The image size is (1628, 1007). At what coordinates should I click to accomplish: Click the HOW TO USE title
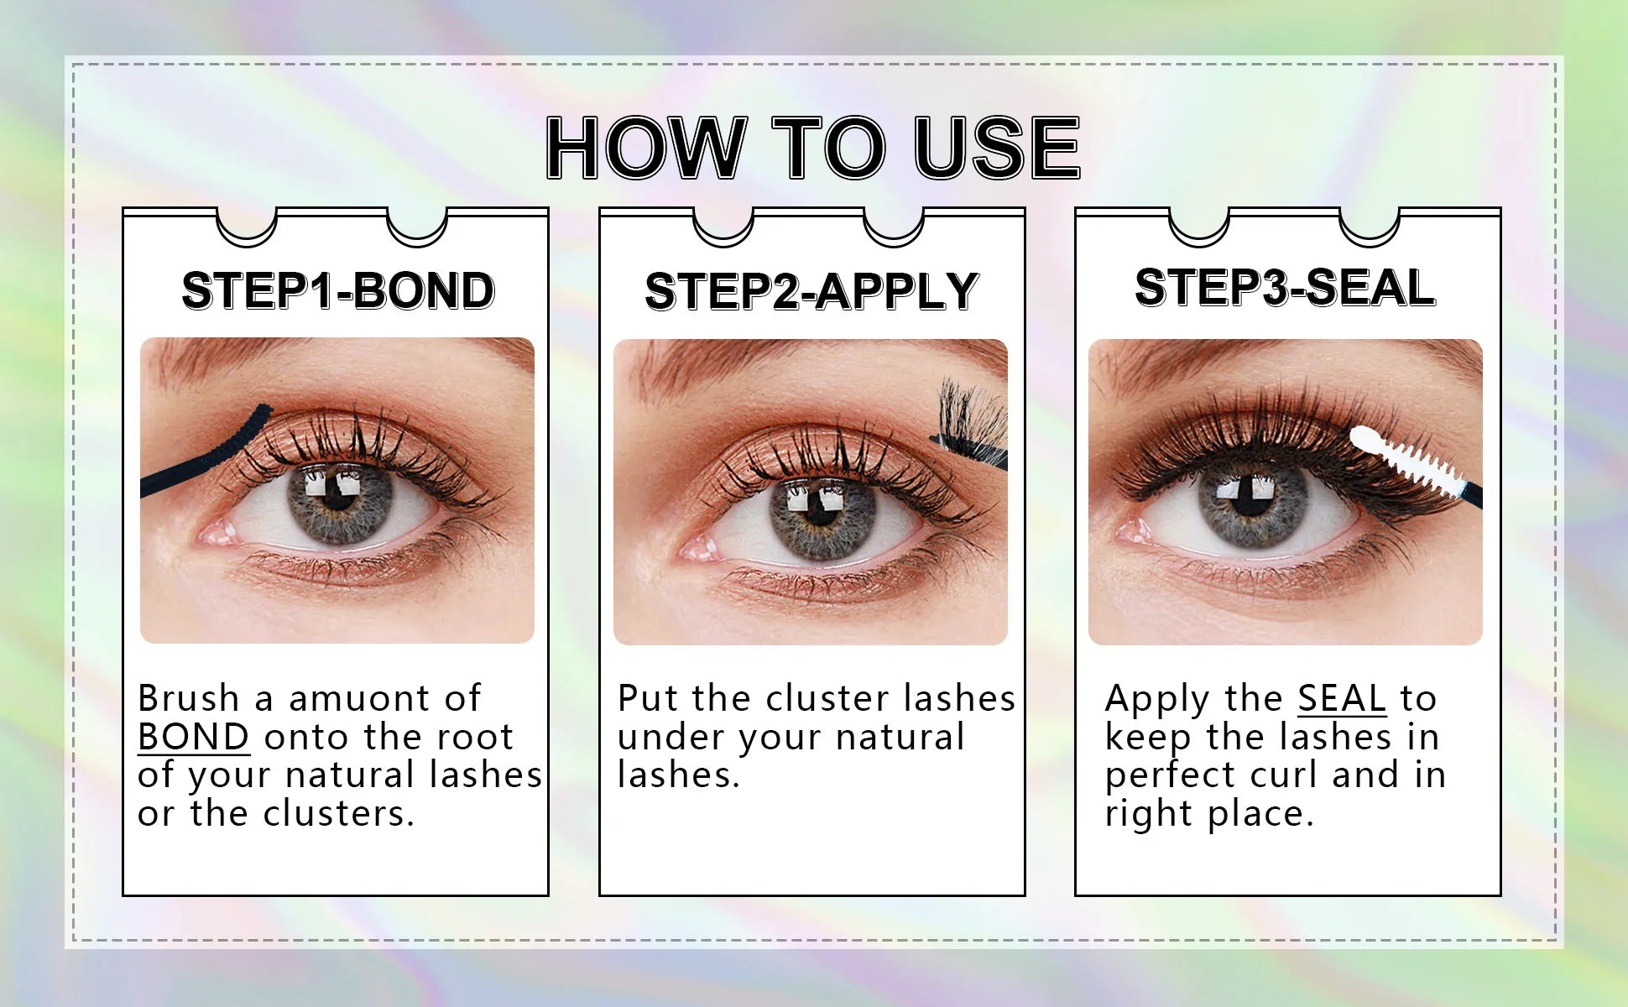pos(812,148)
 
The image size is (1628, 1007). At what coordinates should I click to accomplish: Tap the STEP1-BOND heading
pos(338,291)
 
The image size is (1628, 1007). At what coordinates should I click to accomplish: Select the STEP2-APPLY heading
pos(811,292)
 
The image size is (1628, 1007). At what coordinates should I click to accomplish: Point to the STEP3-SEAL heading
pos(1285,288)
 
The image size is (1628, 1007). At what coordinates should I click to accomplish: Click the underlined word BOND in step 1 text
pos(193,737)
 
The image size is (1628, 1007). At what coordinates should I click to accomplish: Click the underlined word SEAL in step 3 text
pos(1342,698)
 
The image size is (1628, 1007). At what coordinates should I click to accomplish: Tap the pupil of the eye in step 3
pos(1250,497)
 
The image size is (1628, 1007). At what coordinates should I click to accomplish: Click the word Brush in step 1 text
pos(189,698)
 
